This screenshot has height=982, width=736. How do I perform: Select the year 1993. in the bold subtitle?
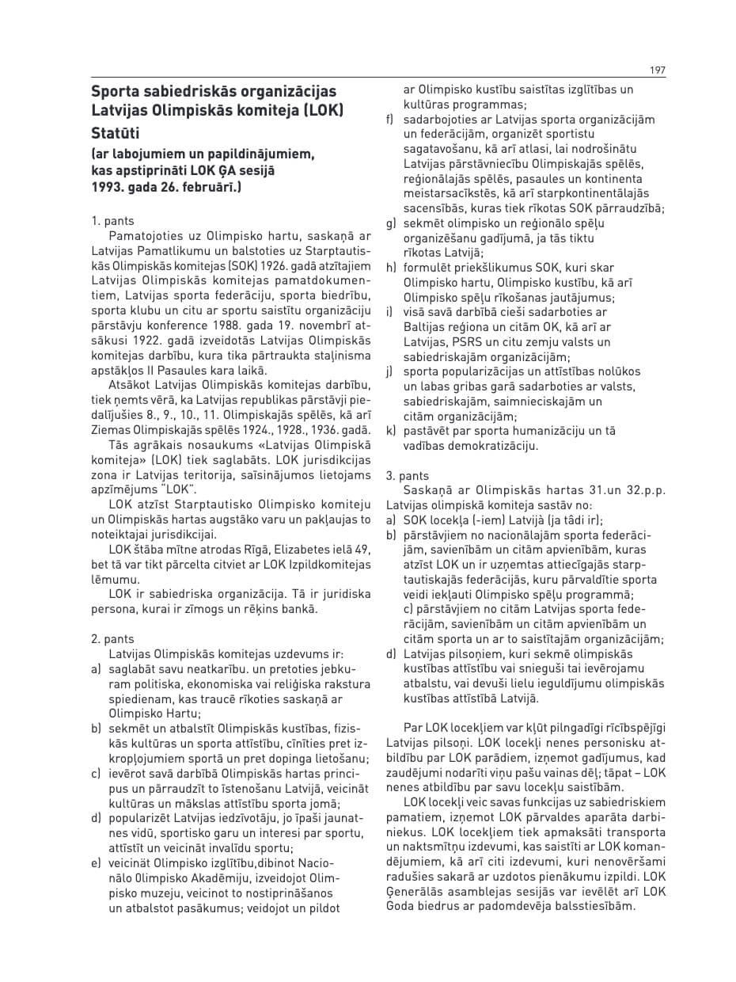coord(108,187)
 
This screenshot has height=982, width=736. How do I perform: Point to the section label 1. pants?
coord(113,221)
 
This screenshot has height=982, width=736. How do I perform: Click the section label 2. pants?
coord(113,639)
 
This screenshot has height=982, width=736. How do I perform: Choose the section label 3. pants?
coord(408,476)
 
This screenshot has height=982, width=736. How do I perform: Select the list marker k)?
coord(391,431)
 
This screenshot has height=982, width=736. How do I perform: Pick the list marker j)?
coord(390,371)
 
